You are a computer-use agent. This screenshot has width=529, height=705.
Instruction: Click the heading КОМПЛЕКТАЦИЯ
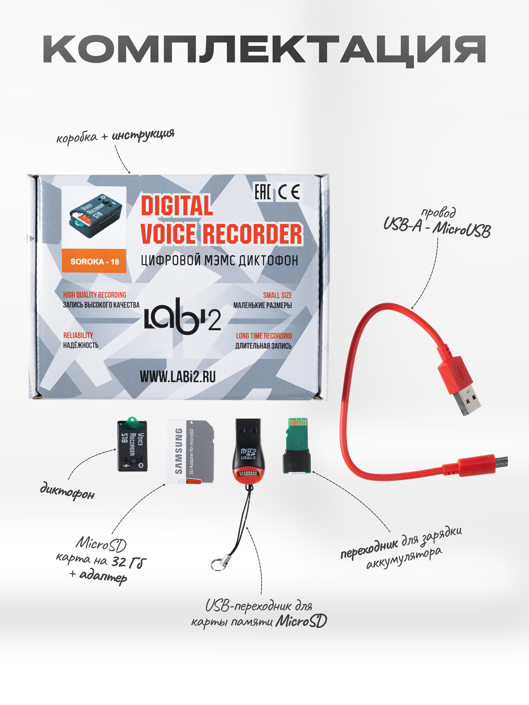[x=264, y=49]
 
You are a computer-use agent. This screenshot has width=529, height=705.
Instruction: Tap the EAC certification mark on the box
[x=263, y=192]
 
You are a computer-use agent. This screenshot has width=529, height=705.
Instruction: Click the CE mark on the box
[x=289, y=192]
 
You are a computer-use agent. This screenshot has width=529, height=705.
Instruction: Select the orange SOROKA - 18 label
[x=94, y=261]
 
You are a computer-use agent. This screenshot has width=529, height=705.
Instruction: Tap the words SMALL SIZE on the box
[x=277, y=295]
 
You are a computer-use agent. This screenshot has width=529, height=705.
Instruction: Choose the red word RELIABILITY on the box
[x=78, y=335]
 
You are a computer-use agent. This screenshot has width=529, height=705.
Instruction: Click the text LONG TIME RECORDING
[x=264, y=336]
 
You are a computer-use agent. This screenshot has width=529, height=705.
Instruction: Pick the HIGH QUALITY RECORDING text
[x=95, y=295]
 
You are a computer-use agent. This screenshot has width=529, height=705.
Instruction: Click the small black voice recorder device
[x=132, y=446]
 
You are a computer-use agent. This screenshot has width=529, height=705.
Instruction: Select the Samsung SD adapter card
[x=190, y=451]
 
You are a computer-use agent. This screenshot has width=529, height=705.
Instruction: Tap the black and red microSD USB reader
[x=248, y=451]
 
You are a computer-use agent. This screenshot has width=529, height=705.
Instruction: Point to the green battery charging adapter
[x=297, y=448]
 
